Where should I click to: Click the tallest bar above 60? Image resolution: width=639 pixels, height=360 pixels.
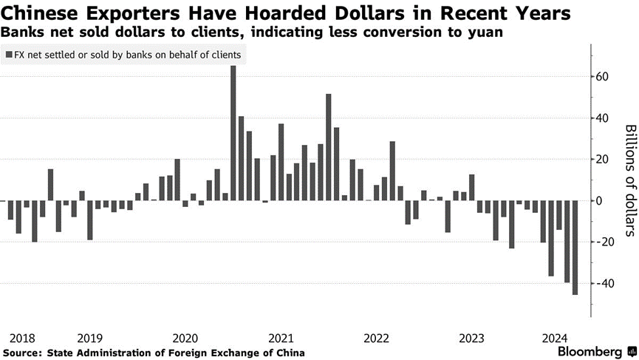pos(233,133)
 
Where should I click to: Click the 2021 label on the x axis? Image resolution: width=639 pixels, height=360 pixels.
pos(281,337)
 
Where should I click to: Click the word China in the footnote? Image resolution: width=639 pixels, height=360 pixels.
pos(288,353)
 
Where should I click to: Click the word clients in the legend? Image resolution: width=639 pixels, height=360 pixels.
pos(223,55)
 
